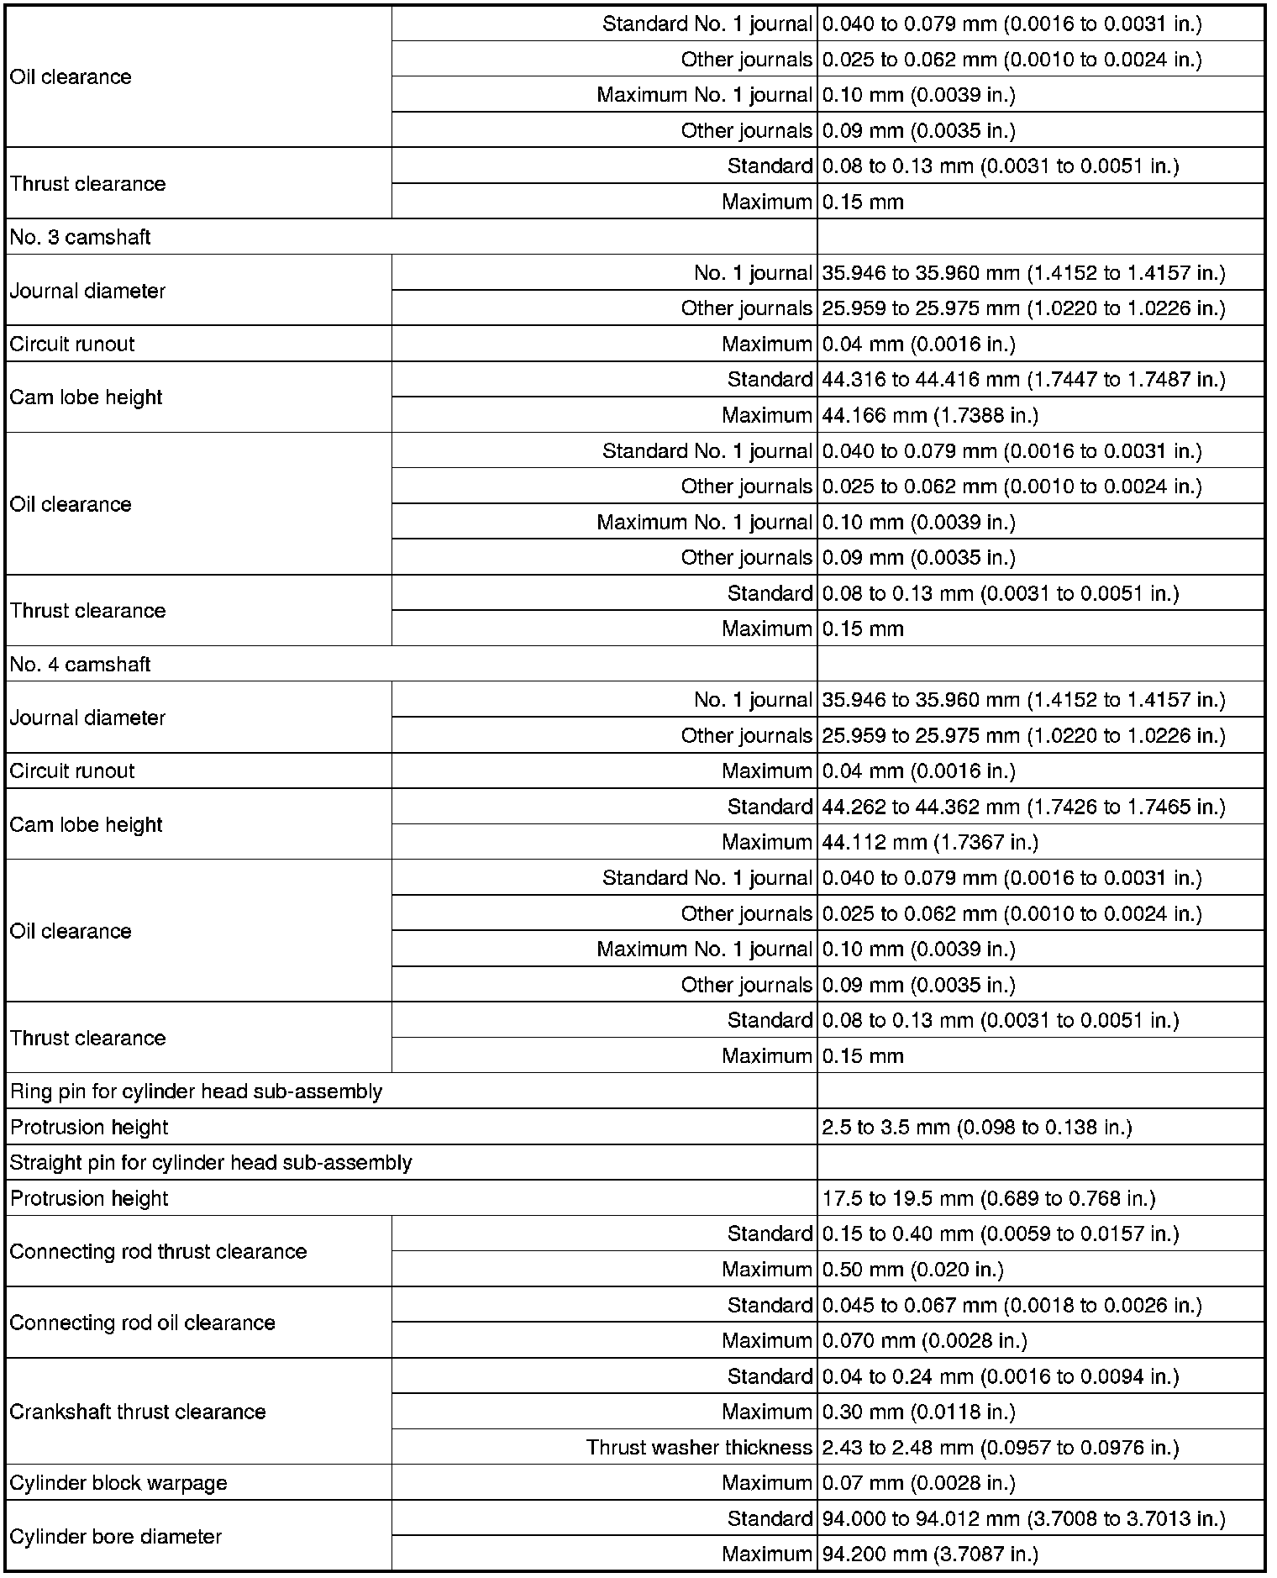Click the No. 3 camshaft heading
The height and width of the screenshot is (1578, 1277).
point(81,237)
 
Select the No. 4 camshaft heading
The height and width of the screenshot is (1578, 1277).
point(81,664)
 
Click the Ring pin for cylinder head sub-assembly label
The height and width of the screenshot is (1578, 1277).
point(196,1091)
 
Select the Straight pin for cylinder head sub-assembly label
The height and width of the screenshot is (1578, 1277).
point(211,1163)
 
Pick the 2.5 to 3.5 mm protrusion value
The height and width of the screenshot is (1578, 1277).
point(977,1127)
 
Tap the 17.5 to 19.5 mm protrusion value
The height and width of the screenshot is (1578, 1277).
point(989,1198)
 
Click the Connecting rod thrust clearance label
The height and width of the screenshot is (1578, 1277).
point(158,1251)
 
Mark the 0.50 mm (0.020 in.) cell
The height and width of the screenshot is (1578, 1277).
point(913,1270)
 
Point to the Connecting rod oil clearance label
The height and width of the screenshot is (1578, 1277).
point(142,1323)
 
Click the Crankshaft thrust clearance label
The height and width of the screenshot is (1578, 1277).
point(138,1412)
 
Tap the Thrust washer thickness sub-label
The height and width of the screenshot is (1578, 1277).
point(699,1448)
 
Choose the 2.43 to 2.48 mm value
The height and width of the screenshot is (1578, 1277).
point(1001,1448)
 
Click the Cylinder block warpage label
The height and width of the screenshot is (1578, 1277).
point(118,1483)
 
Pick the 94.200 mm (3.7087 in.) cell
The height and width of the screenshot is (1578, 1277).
point(930,1554)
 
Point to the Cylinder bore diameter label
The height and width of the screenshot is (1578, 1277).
point(116,1536)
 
